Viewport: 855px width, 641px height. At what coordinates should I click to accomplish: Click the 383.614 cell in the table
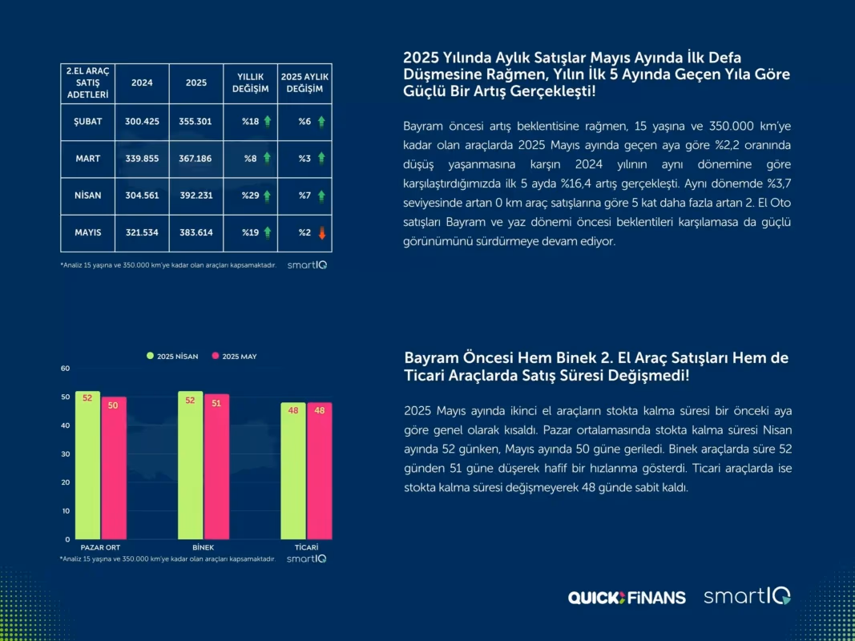196,232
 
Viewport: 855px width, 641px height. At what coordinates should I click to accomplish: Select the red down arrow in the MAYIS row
321,233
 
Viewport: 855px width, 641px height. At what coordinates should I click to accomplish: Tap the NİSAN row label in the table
88,196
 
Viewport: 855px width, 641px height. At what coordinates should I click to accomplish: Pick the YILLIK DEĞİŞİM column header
250,83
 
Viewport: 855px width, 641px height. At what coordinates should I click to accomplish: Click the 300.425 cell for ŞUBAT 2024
143,122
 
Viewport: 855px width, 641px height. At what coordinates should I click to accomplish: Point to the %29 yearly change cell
250,196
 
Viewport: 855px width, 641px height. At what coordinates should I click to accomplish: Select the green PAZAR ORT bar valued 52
88,465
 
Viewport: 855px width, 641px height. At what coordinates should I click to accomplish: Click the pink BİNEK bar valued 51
216,466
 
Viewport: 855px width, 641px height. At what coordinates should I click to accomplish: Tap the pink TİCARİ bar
320,471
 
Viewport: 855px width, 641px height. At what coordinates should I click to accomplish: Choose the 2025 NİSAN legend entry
172,356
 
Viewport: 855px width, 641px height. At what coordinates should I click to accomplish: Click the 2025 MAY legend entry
234,356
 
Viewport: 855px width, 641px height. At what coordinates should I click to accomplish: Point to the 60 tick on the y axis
66,369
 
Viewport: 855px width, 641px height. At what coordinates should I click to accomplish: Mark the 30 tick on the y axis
66,454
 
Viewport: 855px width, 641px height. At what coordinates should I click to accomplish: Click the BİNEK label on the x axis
204,547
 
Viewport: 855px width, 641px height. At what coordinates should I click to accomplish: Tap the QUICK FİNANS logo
627,598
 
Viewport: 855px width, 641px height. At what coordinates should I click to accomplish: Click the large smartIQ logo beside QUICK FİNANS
747,596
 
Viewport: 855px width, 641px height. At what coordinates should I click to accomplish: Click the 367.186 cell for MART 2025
196,159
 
